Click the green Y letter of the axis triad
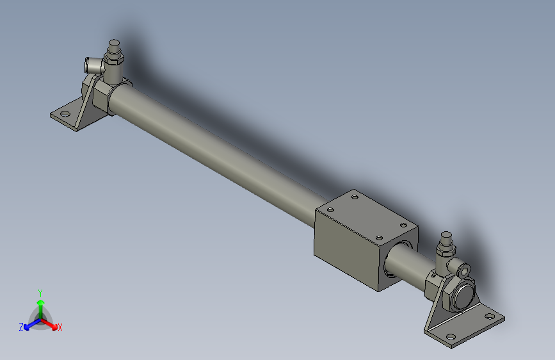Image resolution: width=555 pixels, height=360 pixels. (40, 292)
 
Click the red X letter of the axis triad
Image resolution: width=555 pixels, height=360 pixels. (60, 327)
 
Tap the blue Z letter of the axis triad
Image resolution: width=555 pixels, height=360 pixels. (21, 327)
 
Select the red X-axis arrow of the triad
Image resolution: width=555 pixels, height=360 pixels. (51, 323)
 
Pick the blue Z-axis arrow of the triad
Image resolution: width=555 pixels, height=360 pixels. (29, 323)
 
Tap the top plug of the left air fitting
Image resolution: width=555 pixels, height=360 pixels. (115, 45)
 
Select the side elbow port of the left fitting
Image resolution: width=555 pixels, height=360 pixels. (90, 64)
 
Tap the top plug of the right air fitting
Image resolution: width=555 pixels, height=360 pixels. (446, 241)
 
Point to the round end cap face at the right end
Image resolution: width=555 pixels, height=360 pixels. (463, 297)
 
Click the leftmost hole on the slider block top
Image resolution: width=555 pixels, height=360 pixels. (331, 209)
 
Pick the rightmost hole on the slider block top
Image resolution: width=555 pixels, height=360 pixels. (403, 224)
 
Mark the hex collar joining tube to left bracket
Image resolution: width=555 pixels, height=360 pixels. (102, 99)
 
